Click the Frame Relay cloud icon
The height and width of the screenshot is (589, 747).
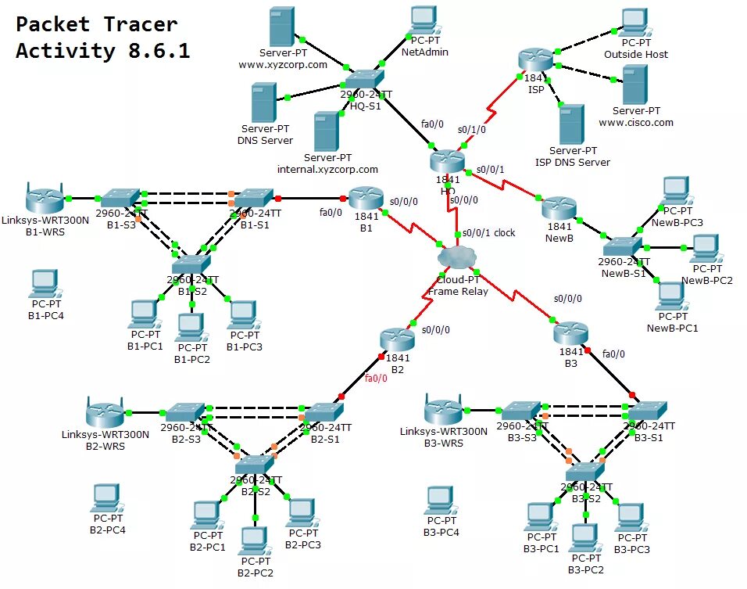click(x=457, y=257)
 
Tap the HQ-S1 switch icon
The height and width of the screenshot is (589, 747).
click(x=364, y=80)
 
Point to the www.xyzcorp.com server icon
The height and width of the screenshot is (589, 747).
click(x=281, y=27)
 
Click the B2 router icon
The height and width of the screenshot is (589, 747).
click(x=398, y=339)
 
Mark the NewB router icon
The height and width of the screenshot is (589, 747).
click(x=559, y=208)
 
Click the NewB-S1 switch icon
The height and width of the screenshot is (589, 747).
click(x=622, y=246)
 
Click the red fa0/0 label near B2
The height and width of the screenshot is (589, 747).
click(x=376, y=379)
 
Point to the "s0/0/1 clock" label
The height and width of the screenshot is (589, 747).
click(x=488, y=232)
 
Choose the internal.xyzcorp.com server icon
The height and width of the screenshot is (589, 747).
click(x=325, y=131)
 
